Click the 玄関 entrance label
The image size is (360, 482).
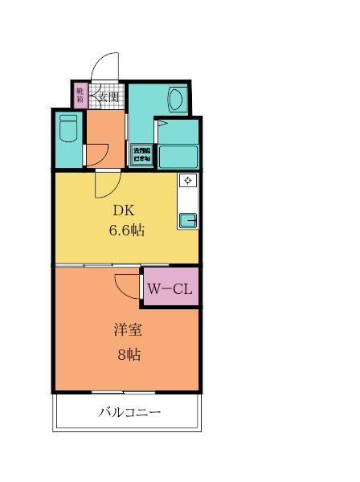108,97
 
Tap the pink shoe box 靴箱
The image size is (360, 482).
80,96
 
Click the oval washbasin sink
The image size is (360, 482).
176,100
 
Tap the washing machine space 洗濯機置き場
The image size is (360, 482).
142,153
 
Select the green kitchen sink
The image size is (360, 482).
187,219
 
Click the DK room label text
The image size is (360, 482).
123,211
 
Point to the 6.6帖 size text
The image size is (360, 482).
126,231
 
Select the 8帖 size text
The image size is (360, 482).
126,353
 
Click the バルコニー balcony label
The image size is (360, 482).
130,414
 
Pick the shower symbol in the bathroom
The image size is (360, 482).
162,124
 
